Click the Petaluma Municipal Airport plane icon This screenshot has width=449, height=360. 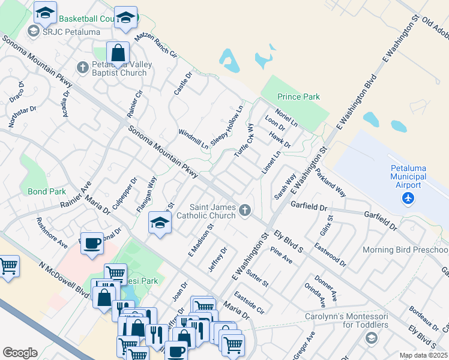(x=409, y=197)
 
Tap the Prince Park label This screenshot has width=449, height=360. (x=298, y=97)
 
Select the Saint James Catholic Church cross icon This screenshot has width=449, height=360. (x=244, y=210)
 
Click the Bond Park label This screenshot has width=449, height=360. (x=46, y=192)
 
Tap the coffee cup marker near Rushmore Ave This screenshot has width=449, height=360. (x=92, y=244)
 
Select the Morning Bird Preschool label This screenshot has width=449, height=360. (x=405, y=250)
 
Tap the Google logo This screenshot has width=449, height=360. (x=20, y=353)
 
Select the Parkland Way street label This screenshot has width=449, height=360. (x=331, y=182)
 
